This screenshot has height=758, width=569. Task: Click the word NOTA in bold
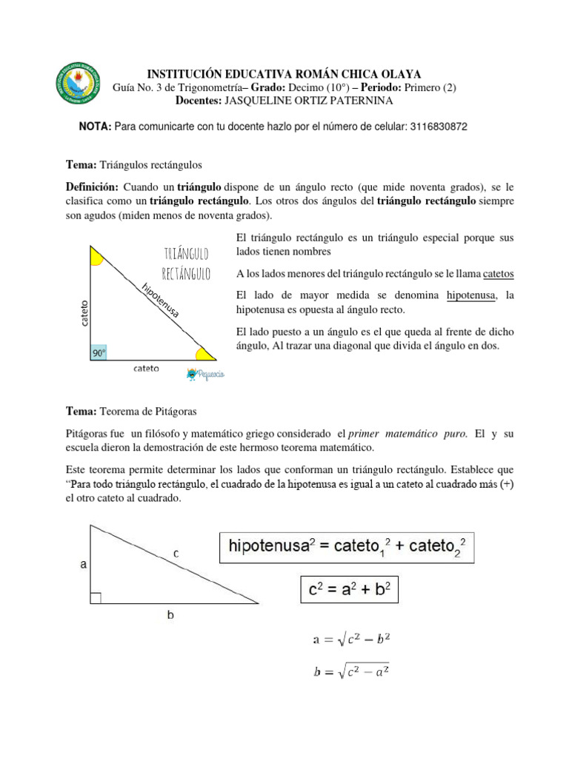[94, 127]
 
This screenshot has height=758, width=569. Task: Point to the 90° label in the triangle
[99, 353]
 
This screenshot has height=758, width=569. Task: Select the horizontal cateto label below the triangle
[145, 369]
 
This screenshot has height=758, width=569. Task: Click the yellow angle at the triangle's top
[96, 256]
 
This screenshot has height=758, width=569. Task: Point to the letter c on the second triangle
[175, 553]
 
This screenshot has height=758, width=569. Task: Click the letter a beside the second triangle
[84, 564]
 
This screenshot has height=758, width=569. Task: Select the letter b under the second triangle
[171, 614]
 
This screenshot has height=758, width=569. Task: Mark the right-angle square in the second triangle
[95, 597]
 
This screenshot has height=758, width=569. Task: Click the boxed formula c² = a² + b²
[349, 589]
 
